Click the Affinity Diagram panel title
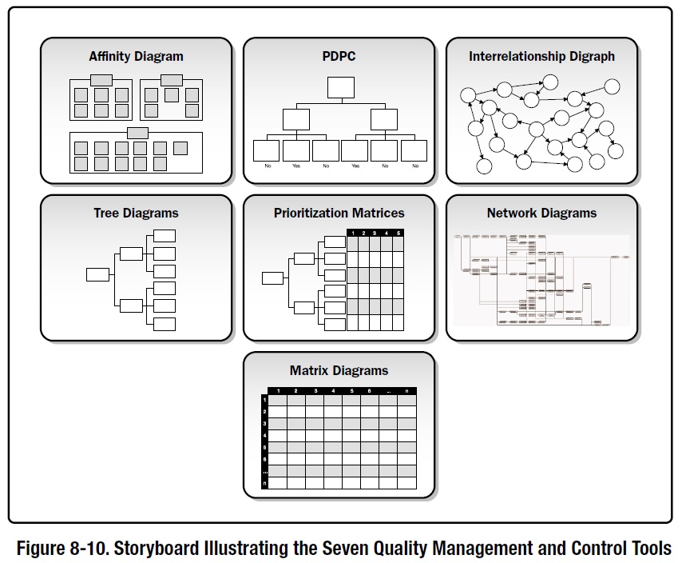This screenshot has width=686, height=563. pos(136,57)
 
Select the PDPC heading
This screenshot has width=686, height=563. pos(339,57)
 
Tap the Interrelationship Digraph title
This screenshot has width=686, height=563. pos(541,57)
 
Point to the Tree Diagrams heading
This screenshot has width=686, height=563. pos(136,214)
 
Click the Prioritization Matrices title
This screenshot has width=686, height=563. pos(339,214)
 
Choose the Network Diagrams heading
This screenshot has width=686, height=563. pos(541,214)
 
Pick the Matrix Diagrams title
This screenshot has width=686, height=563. pos(339,371)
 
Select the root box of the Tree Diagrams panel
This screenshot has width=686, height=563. pos(97,274)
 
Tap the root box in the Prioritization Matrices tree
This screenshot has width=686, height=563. pos(272,278)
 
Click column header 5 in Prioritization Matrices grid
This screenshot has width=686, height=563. pos(398,233)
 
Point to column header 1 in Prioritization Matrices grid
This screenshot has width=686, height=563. pos(353,233)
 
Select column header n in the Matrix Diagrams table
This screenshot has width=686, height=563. pos(407,390)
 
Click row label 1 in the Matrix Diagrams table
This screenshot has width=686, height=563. pos(264,399)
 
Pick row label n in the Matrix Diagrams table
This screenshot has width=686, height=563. pos(264,483)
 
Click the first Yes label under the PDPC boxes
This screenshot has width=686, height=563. pos(296,166)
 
